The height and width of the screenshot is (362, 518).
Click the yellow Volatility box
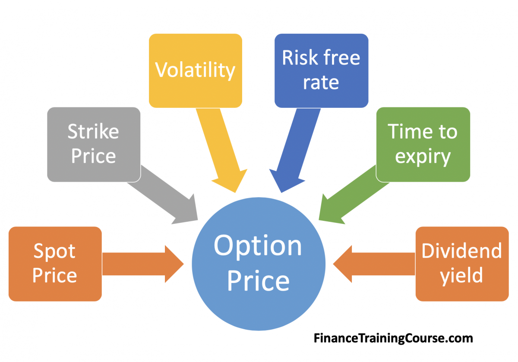tap(196, 71)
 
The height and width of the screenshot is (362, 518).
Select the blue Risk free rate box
tap(321, 71)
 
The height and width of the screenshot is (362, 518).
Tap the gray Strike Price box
tap(94, 145)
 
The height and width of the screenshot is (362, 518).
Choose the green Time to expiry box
tap(423, 145)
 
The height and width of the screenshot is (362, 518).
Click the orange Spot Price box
tap(55, 264)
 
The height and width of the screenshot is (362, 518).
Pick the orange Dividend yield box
tap(462, 264)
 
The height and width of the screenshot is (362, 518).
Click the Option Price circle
tap(259, 264)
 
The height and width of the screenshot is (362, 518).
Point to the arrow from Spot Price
tap(143, 264)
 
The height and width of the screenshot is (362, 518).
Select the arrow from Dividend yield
tap(374, 264)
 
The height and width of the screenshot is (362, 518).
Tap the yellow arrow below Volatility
tap(221, 150)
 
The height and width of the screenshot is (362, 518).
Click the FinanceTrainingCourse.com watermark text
tap(393, 338)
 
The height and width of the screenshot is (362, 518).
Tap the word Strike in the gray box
tap(93, 131)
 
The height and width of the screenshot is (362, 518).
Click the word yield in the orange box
tap(461, 276)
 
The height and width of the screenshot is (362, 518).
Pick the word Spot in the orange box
tap(54, 252)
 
